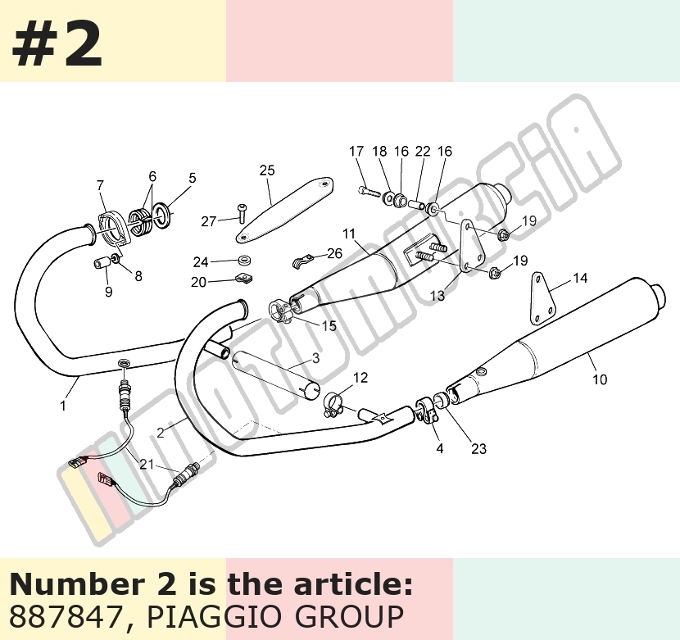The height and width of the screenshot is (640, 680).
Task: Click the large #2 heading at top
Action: click(x=57, y=44)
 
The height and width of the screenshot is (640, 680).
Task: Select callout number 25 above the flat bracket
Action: click(x=267, y=170)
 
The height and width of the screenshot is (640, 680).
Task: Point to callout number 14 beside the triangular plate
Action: click(x=580, y=278)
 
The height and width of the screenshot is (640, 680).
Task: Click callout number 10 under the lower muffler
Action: click(x=600, y=379)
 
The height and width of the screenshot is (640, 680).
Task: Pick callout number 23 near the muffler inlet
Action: click(x=478, y=448)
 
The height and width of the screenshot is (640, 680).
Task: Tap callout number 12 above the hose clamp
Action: click(x=360, y=378)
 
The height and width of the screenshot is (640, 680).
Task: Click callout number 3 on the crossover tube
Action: click(x=315, y=358)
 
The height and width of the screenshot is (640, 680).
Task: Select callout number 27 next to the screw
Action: click(x=209, y=221)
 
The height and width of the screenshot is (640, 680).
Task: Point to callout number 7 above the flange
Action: click(x=101, y=185)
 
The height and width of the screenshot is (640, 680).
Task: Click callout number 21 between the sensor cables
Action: click(x=147, y=465)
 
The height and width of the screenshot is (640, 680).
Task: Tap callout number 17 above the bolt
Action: click(x=356, y=152)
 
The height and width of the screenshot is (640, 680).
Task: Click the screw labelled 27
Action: click(x=242, y=214)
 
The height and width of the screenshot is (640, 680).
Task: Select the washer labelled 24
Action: click(x=245, y=261)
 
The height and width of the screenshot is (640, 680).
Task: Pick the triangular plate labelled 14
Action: click(x=542, y=299)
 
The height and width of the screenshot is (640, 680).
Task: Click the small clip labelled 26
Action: click(x=301, y=261)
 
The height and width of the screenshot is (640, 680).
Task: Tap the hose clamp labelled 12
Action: click(x=334, y=402)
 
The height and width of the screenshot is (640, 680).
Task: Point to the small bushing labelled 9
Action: click(x=102, y=263)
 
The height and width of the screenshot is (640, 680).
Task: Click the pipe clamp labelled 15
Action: click(x=279, y=312)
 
